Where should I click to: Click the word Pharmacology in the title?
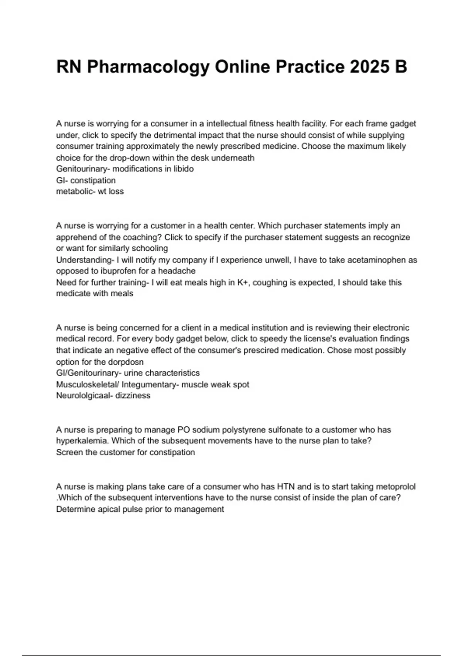point(148,67)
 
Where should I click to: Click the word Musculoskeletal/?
point(88,384)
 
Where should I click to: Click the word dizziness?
point(133,396)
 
